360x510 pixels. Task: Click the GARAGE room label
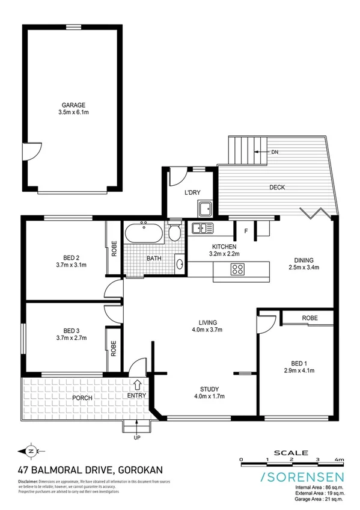coord(72,104)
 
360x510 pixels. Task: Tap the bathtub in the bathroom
coord(144,233)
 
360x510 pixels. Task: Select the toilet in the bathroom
coord(173,233)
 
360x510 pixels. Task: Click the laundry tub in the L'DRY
coord(205,209)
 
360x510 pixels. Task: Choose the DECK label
coord(277,188)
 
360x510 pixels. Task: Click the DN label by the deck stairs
coord(275,152)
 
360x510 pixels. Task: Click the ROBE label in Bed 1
coord(310,318)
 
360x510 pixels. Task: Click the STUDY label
coord(209,389)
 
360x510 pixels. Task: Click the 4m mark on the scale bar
coord(341,459)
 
